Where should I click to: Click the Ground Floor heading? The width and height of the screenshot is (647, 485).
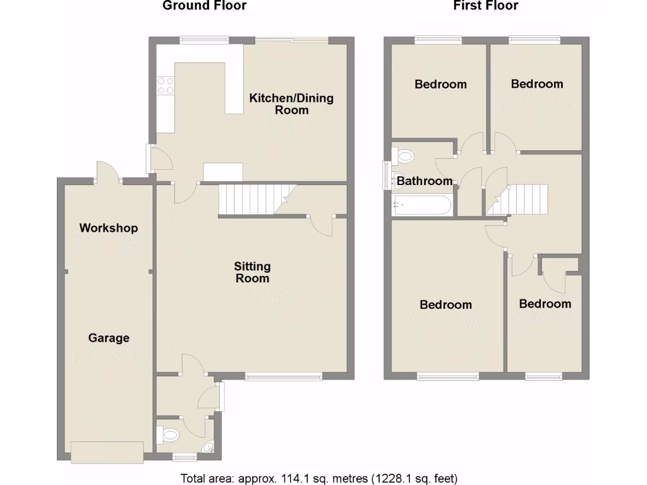tap(204, 6)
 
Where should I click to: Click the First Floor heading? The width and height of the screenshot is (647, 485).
tap(485, 6)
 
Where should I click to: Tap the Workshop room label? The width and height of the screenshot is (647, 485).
tap(109, 228)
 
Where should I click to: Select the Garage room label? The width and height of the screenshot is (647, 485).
tap(109, 338)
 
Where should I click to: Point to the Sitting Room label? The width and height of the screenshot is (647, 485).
tap(252, 272)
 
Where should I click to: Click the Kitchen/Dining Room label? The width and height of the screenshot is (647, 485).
tap(291, 104)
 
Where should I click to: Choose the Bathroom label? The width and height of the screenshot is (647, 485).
tap(425, 181)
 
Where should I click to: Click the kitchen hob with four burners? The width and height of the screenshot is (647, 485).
tap(166, 85)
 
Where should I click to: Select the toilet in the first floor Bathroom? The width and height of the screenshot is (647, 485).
tap(402, 153)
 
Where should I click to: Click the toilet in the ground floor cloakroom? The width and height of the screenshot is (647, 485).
tap(169, 435)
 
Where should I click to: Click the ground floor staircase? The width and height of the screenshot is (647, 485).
tap(250, 199)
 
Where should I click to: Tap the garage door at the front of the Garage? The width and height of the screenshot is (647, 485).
tap(107, 452)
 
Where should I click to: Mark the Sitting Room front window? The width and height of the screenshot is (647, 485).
tap(284, 378)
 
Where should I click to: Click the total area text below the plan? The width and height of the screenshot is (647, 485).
tap(319, 477)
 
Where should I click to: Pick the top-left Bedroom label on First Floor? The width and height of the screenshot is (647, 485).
tap(440, 84)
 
